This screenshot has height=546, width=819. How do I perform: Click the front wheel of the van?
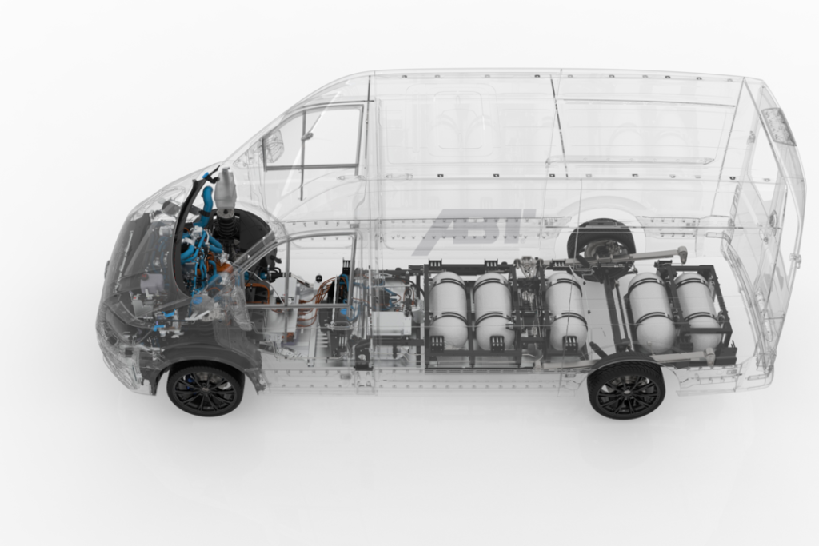[x=205, y=389]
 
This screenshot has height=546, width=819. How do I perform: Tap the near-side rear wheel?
[x=625, y=390]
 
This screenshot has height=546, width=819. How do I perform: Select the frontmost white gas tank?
[x=449, y=309]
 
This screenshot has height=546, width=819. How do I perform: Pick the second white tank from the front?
[x=493, y=310]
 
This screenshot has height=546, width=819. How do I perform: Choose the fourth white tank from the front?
[x=649, y=312]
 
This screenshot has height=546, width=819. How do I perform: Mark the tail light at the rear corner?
[x=778, y=126]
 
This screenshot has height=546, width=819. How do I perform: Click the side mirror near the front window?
[x=274, y=145]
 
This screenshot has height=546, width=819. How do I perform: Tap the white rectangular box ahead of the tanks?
[x=391, y=322]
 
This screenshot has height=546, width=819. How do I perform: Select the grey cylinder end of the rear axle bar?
[x=682, y=253]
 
